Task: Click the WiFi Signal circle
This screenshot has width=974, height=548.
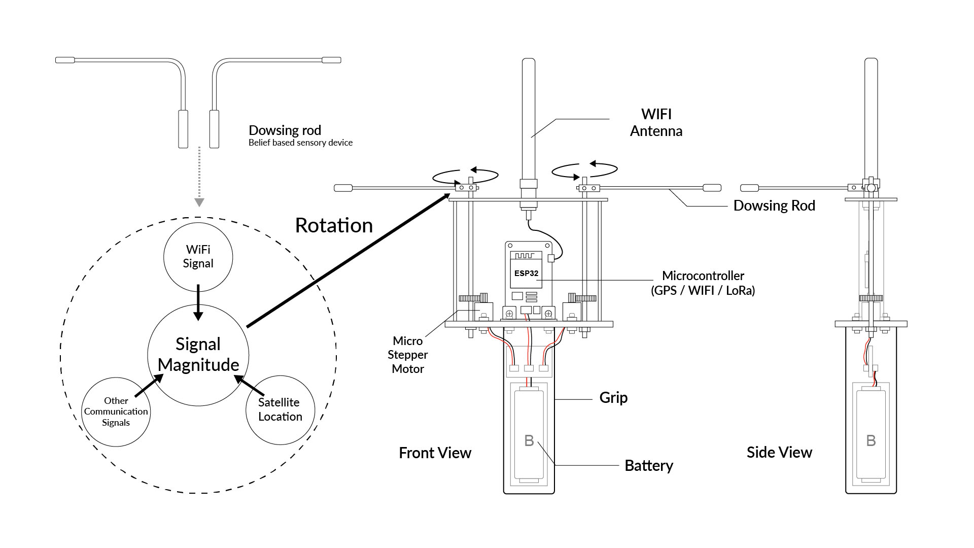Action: (198, 257)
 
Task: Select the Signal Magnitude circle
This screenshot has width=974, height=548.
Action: (198, 355)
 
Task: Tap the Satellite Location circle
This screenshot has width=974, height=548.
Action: (280, 410)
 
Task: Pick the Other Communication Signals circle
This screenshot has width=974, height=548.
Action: (116, 412)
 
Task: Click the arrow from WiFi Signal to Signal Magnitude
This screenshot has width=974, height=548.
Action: (198, 302)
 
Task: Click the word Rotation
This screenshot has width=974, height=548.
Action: (334, 225)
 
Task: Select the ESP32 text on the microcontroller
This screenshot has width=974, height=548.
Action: (526, 273)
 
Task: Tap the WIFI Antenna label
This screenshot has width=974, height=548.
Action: (656, 122)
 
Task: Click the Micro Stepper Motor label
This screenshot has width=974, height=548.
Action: (408, 355)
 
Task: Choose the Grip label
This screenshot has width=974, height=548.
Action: (613, 397)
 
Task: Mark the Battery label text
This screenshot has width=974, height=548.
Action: (649, 465)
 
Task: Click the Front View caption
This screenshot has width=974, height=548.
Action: (435, 453)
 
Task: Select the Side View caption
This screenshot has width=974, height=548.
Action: (779, 452)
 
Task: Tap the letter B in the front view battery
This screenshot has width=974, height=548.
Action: (529, 440)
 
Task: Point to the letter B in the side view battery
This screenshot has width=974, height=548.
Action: (871, 440)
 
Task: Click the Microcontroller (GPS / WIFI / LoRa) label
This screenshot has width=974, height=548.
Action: (703, 283)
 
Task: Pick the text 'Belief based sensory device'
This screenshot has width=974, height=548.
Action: (300, 143)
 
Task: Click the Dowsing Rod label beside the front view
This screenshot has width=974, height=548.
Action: (774, 205)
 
